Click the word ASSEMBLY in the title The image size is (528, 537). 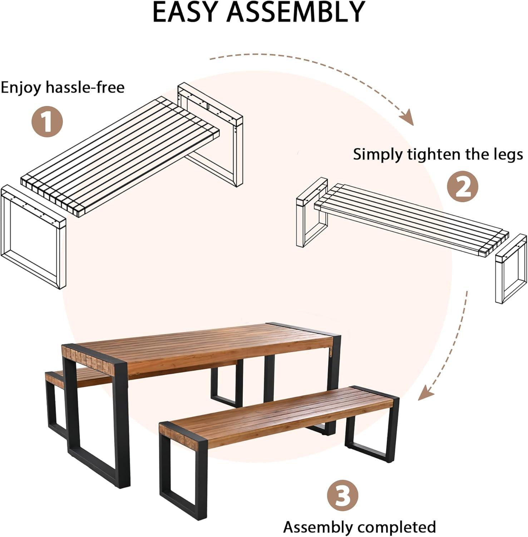pos(296,12)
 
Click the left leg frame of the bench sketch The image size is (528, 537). pos(311,215)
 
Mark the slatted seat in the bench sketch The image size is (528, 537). pos(411,218)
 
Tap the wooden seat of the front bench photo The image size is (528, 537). pos(279,412)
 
